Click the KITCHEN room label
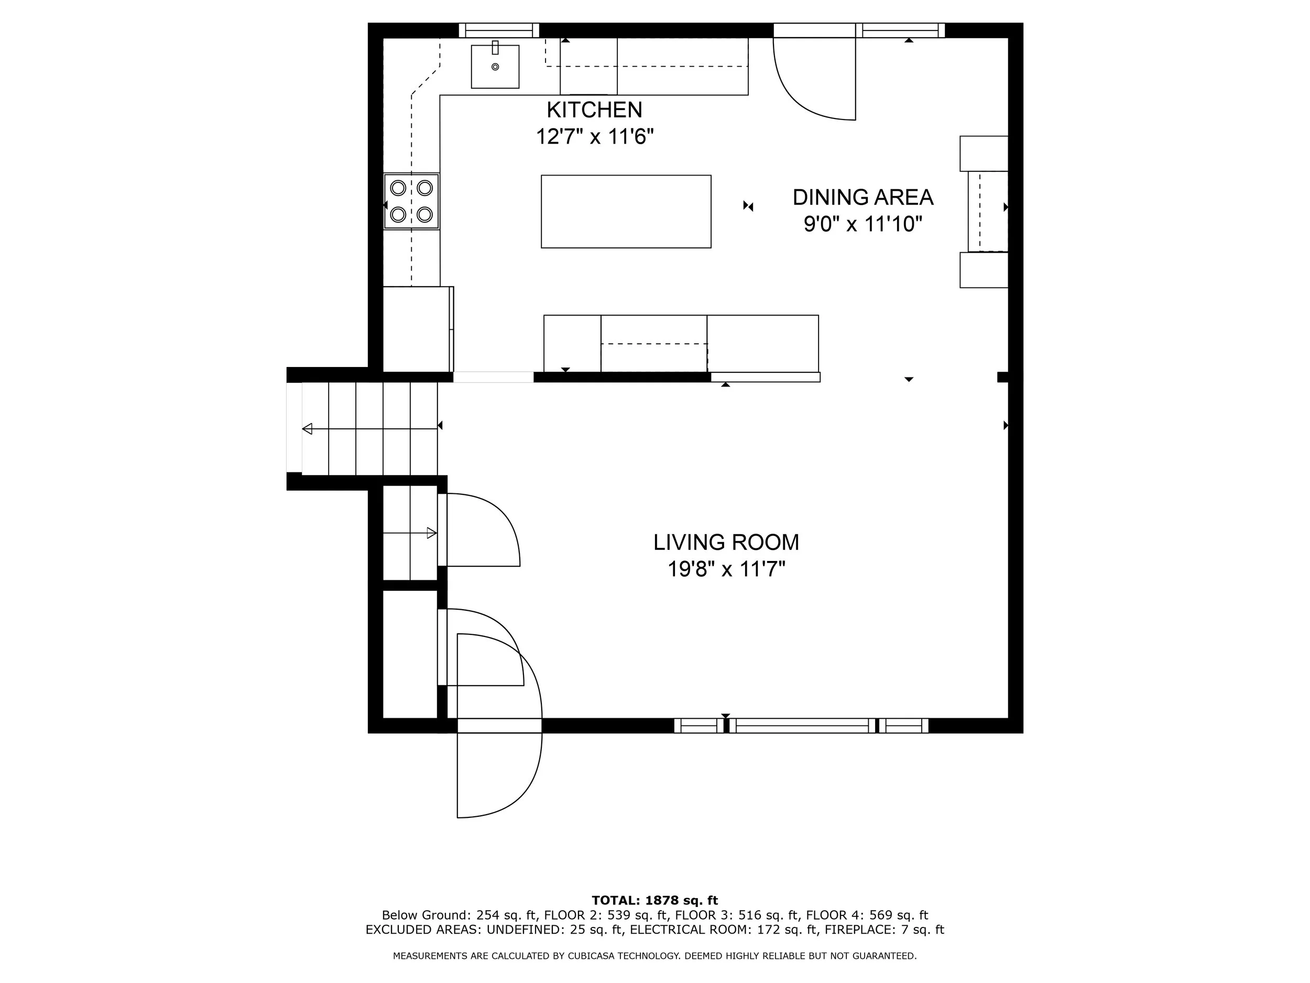coord(594,110)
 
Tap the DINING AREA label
coord(863,197)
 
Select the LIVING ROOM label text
coord(726,542)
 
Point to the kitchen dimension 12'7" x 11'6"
coord(595,137)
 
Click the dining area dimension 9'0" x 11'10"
coord(863,224)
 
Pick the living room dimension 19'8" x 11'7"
coord(726,569)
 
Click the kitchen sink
coord(495,67)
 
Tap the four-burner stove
coord(411,201)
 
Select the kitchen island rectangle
coord(626,211)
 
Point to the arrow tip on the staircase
coord(307,429)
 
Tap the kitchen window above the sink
coord(499,30)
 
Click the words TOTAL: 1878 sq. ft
coord(654,901)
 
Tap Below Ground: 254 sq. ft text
coord(459,915)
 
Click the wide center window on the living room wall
coord(802,726)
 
